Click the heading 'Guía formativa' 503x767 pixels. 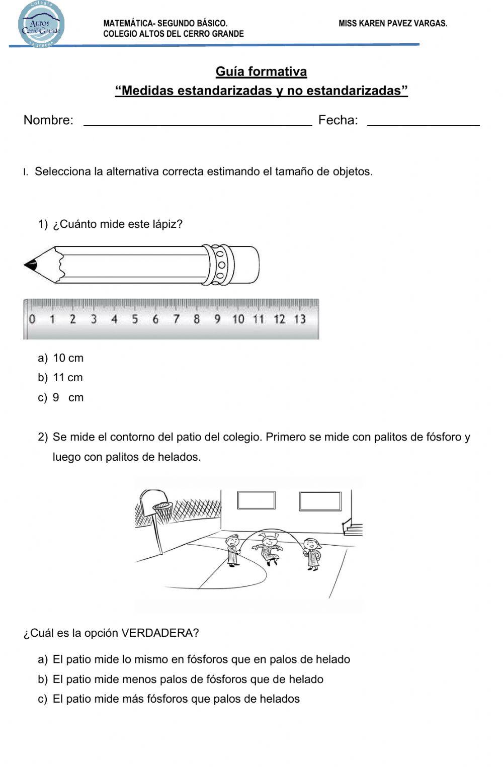click(261, 71)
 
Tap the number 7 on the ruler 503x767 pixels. click(176, 319)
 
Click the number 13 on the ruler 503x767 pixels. click(300, 319)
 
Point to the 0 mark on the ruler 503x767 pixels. click(32, 319)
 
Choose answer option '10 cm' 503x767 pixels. click(68, 358)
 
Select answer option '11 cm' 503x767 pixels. click(68, 378)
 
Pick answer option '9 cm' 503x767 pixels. click(68, 397)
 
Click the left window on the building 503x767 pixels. click(256, 500)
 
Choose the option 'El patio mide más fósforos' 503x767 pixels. click(176, 699)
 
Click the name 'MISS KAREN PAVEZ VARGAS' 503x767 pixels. click(393, 23)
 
